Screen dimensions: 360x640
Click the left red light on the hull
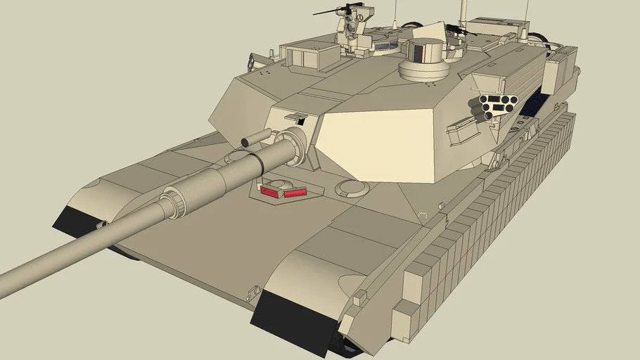270,190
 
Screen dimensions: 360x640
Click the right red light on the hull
294,191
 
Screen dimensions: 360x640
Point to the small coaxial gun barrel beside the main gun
255,139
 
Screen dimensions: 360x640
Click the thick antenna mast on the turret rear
463,13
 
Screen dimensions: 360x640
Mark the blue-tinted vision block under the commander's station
384,46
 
